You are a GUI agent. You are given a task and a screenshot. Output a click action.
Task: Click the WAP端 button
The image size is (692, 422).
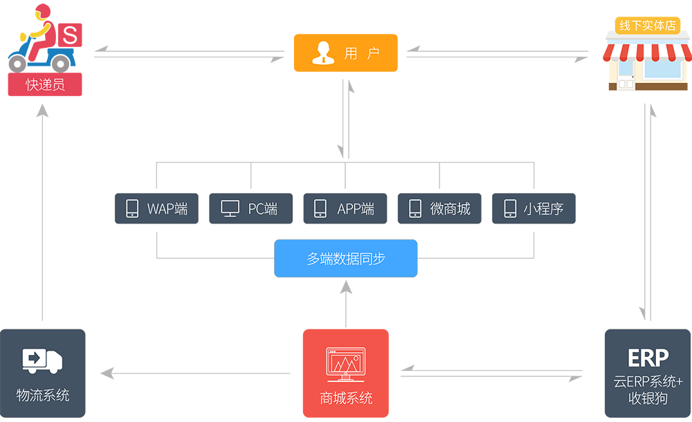coord(156,208)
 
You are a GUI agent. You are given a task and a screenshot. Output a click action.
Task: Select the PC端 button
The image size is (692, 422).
coord(251,208)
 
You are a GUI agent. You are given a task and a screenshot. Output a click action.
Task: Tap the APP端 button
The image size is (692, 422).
coord(345,208)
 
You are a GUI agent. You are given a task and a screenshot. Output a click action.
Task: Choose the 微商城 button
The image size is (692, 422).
coord(439,208)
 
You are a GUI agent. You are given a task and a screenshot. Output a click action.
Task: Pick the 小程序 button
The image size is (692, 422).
coord(534,208)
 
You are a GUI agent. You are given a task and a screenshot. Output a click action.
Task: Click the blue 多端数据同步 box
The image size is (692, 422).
coord(345,259)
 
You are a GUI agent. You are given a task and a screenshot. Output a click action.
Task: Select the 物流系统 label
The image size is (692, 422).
coord(43,395)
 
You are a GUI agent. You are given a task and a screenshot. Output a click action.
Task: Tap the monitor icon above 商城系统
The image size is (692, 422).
coord(345,365)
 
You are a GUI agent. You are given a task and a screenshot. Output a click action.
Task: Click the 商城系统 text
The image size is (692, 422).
coord(346,398)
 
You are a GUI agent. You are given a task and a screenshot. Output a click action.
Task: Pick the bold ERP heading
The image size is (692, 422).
coord(648,358)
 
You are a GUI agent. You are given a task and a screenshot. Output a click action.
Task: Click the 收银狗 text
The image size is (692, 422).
coord(648,399)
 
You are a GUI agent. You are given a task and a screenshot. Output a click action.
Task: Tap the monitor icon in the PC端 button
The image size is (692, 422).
coord(230,208)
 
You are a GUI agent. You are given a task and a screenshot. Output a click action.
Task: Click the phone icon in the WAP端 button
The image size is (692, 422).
coord(131,208)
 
